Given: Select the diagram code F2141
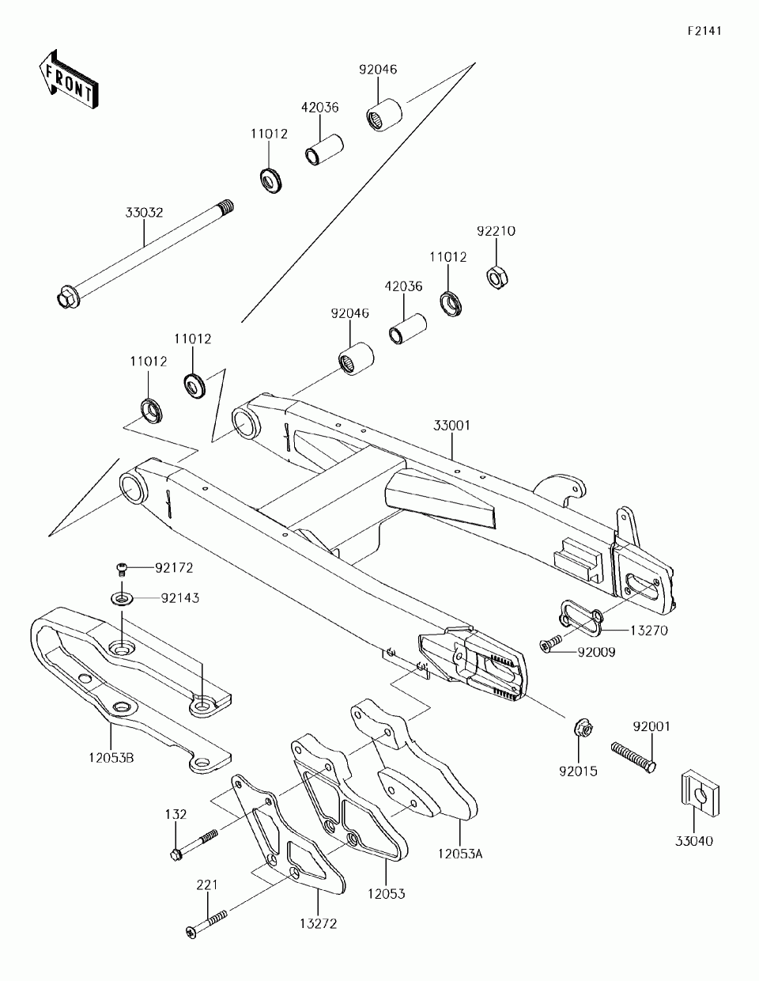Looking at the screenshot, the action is (x=704, y=31).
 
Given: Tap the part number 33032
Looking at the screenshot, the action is (x=144, y=212).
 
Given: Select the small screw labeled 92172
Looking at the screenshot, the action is (x=122, y=570).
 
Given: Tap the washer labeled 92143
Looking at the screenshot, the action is (x=122, y=599).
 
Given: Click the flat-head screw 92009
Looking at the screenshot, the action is (x=551, y=643).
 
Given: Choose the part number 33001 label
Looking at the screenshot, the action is (x=451, y=426).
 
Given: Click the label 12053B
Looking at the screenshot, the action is (x=111, y=758).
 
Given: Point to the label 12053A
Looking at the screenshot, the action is (x=460, y=854).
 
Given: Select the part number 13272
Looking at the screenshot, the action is (x=319, y=923).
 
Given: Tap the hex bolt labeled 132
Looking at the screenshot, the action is (x=194, y=845).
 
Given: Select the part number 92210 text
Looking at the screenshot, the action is (x=496, y=231).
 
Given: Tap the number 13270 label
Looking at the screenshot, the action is (x=648, y=631).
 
